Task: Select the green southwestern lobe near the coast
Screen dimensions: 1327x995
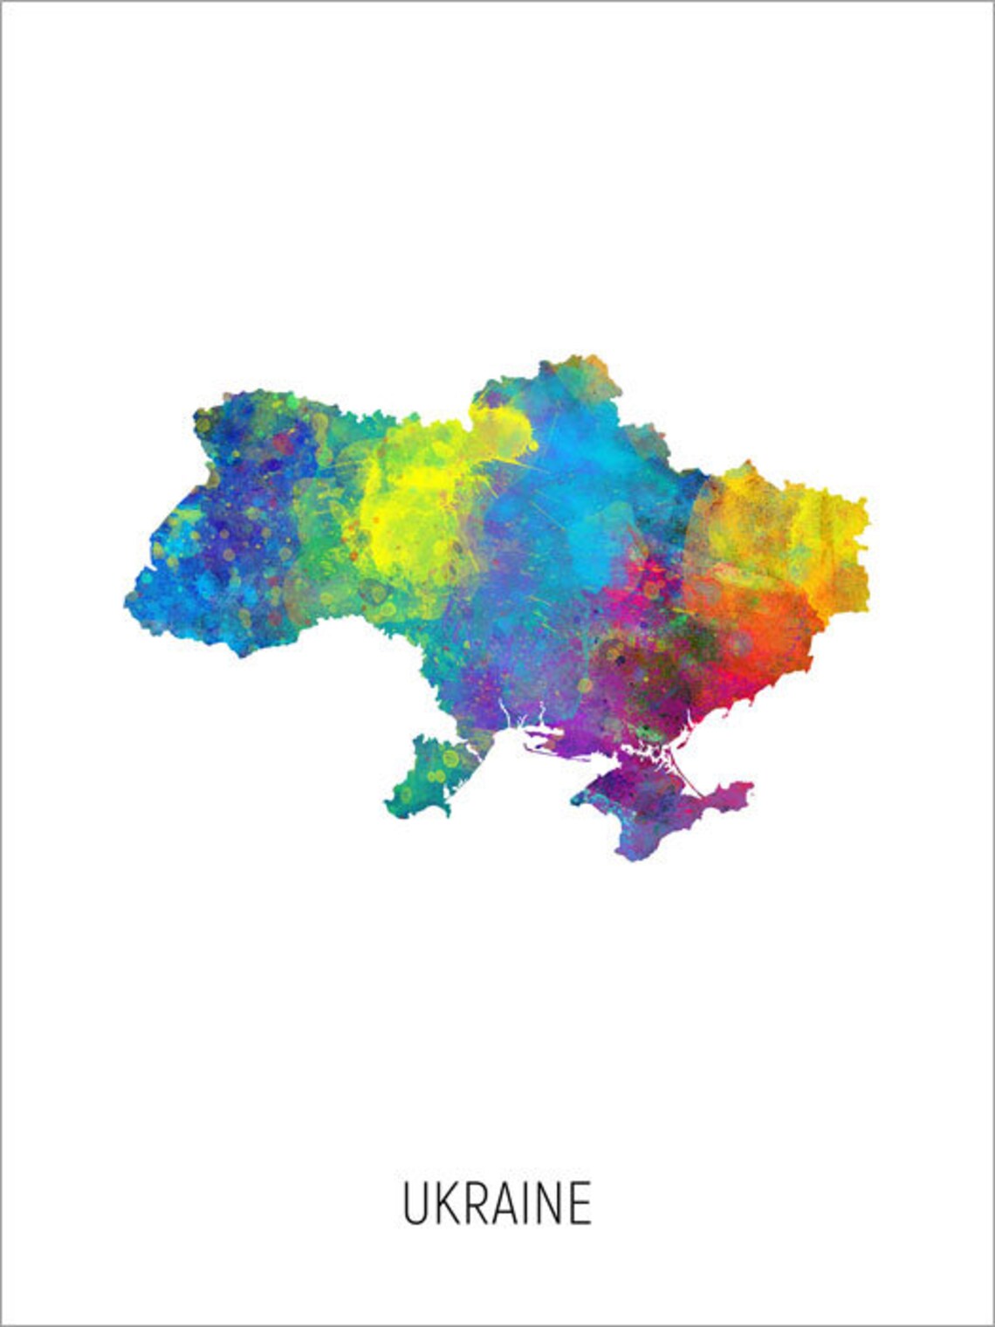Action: (x=432, y=777)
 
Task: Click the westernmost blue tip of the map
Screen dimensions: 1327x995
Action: (x=128, y=598)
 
